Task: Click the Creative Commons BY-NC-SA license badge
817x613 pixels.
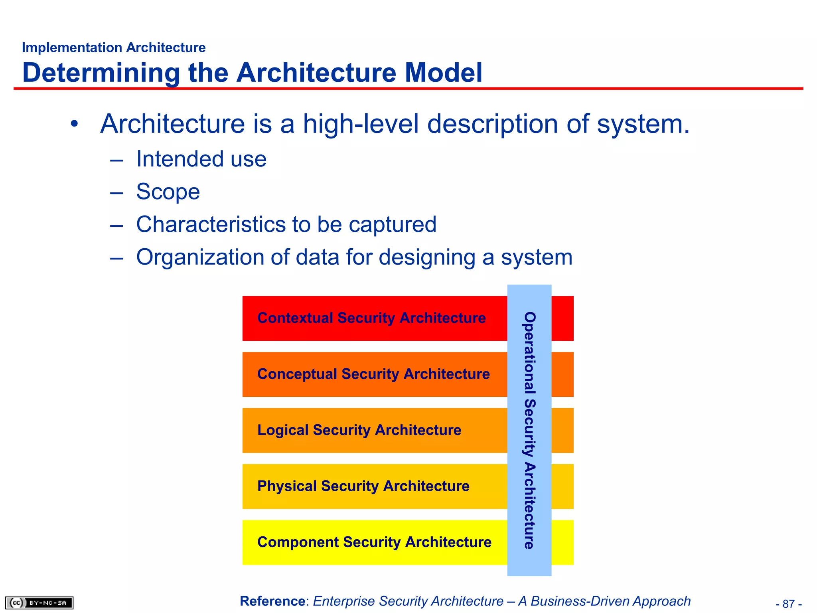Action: point(39,603)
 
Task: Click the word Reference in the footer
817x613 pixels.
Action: point(272,601)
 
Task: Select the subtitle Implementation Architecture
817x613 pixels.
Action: point(114,47)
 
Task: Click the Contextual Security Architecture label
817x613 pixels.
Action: point(371,318)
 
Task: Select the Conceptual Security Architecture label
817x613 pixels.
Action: point(373,374)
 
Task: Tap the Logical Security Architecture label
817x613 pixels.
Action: point(359,430)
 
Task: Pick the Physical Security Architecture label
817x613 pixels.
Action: point(363,486)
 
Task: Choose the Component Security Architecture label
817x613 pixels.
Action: point(374,542)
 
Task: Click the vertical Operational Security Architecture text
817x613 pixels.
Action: point(529,430)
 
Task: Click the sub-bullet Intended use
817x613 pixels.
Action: point(201,159)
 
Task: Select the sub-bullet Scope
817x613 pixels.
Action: point(168,192)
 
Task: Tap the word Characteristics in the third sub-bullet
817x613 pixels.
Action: point(211,224)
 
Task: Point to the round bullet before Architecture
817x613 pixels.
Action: point(74,124)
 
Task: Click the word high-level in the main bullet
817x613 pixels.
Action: point(361,124)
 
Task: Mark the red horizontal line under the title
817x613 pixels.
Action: point(408,88)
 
